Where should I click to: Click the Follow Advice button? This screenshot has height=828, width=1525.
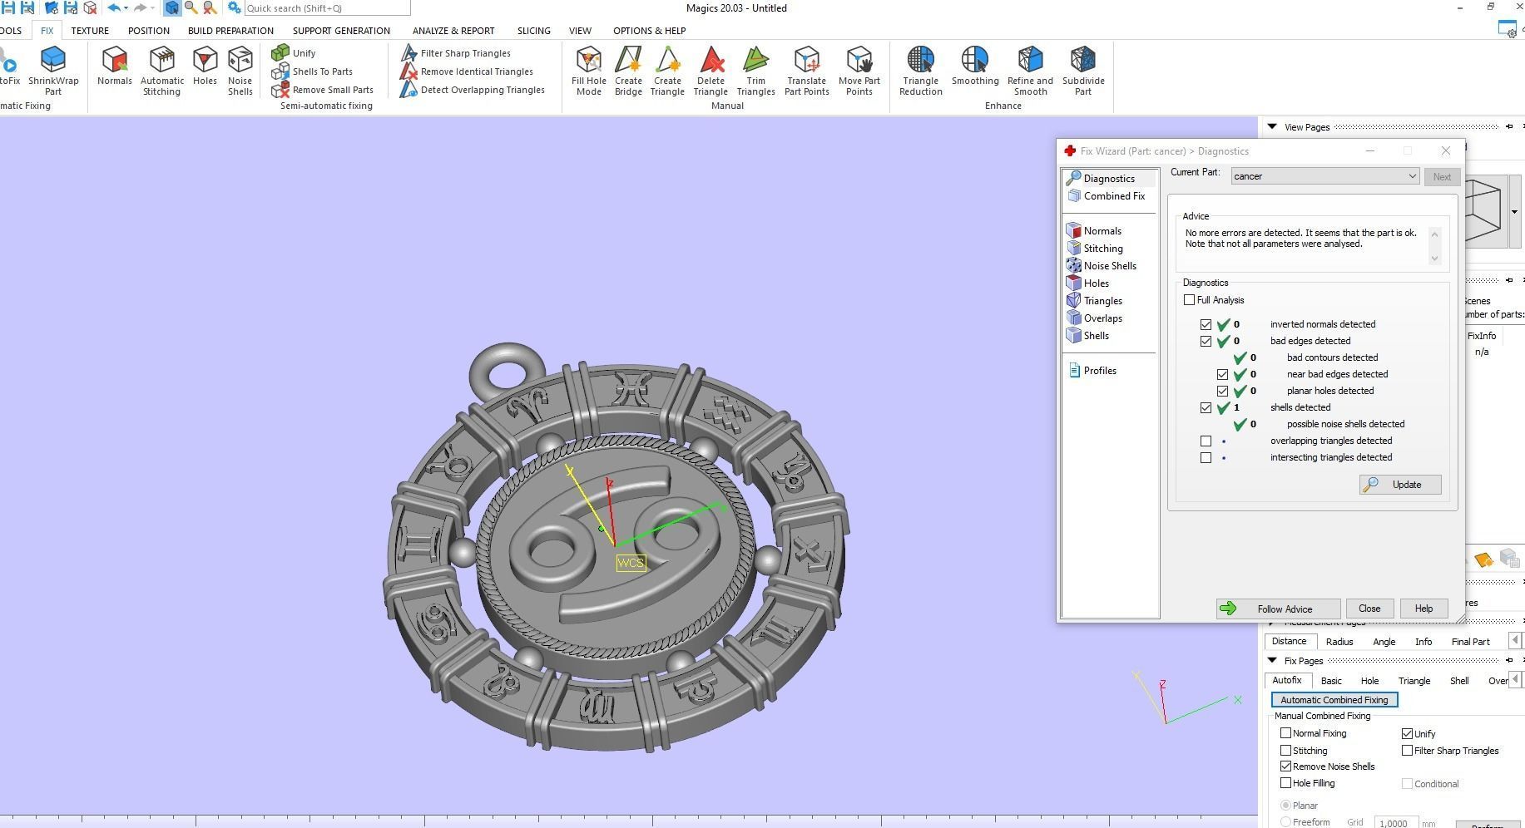coord(1277,609)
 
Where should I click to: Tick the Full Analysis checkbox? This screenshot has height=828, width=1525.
coord(1189,300)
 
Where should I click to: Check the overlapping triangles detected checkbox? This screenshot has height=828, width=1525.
coord(1206,441)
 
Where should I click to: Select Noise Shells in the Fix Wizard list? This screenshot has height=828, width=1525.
coord(1109,266)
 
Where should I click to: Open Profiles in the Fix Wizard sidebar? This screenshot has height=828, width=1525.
coord(1099,371)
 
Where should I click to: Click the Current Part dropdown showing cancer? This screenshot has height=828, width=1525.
coord(1324,176)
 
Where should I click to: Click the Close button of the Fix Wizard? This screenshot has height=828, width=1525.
coord(1369,609)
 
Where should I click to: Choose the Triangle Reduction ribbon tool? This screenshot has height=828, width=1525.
coord(920,71)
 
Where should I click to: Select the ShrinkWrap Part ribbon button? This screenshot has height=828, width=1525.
coord(53,71)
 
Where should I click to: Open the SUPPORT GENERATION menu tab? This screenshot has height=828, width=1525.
coord(341,31)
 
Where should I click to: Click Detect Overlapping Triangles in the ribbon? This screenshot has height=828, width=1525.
coord(482,90)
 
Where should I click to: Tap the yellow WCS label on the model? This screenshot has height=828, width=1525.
coord(631,563)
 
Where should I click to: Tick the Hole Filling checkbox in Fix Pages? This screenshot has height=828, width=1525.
coord(1285,783)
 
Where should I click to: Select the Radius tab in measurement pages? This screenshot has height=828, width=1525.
coord(1339,642)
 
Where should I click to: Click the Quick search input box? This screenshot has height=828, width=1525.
coord(327,8)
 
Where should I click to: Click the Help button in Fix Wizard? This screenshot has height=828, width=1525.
coord(1423,609)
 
